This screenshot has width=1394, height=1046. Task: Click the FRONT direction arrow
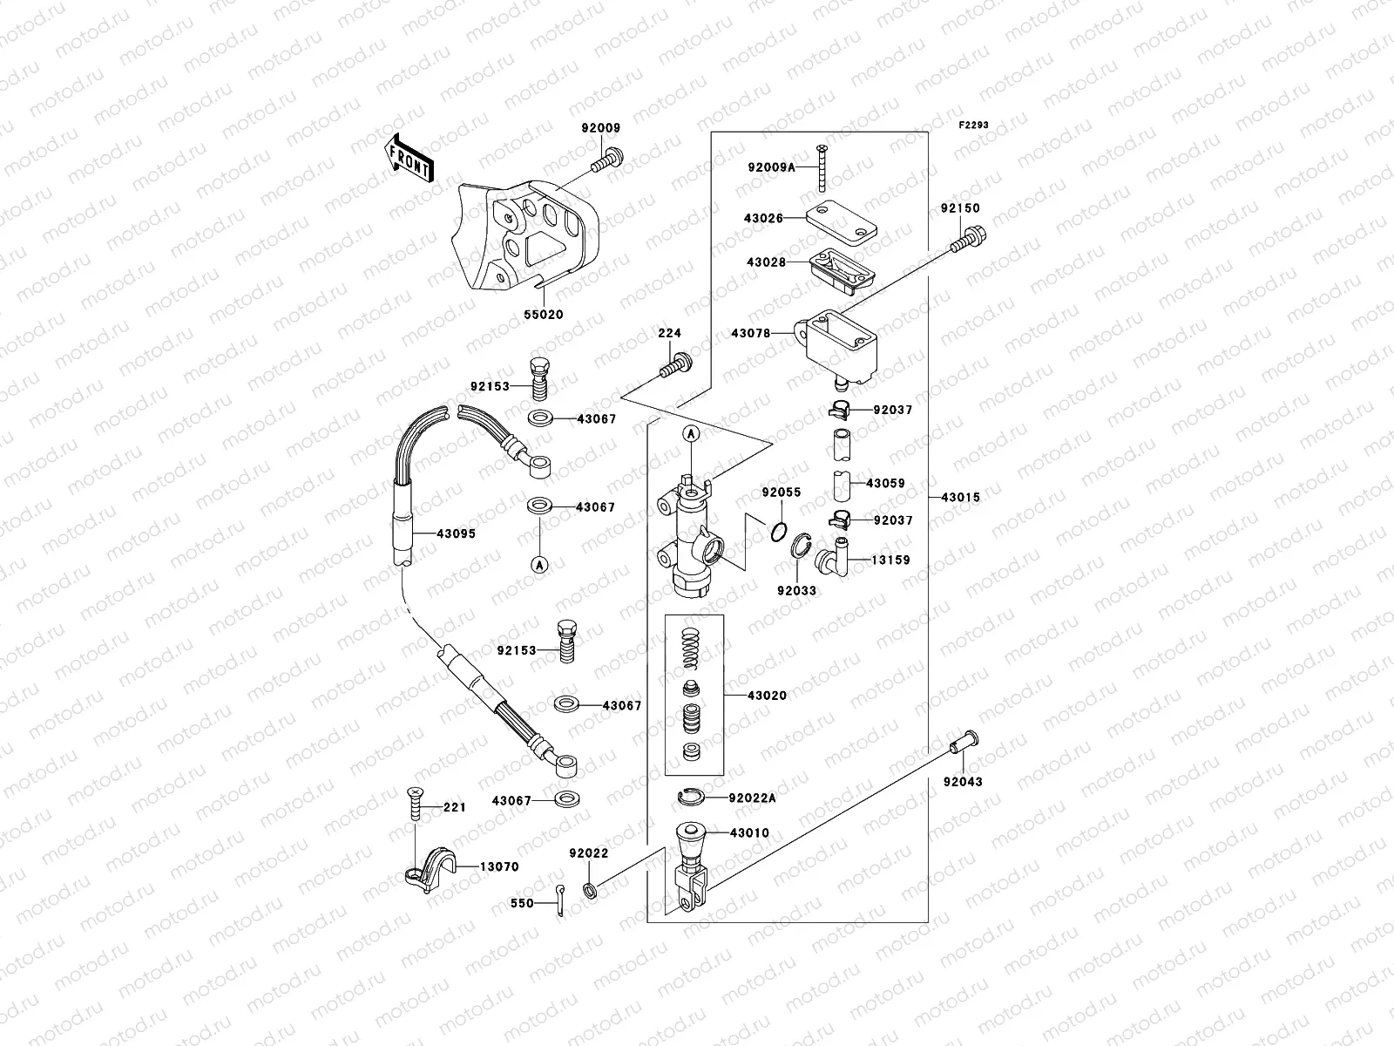(409, 158)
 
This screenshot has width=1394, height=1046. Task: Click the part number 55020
(543, 315)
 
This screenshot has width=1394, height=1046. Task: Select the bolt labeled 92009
(606, 160)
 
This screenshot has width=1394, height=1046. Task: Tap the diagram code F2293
(975, 126)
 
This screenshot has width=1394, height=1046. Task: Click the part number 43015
(960, 498)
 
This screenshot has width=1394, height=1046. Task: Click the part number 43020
(767, 696)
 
